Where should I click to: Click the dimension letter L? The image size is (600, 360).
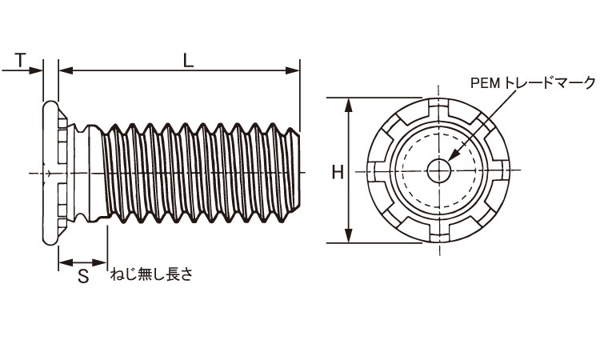click(186, 59)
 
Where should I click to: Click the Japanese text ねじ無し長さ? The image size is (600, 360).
click(151, 274)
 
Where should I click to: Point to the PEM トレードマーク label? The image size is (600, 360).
click(533, 82)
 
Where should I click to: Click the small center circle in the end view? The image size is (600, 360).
click(439, 170)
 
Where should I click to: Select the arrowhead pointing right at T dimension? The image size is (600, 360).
click(38, 71)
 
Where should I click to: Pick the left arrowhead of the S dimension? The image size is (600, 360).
click(63, 262)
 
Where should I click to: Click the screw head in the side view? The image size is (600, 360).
click(51, 172)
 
